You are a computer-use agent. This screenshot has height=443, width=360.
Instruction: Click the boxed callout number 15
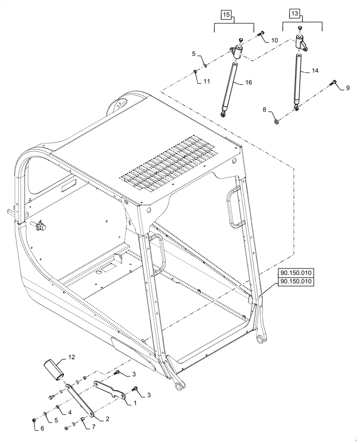[226, 15]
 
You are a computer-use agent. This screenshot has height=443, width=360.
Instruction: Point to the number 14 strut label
[315, 70]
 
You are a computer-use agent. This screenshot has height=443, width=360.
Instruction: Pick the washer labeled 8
[276, 121]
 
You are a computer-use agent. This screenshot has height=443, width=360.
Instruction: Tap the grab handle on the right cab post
[234, 209]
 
